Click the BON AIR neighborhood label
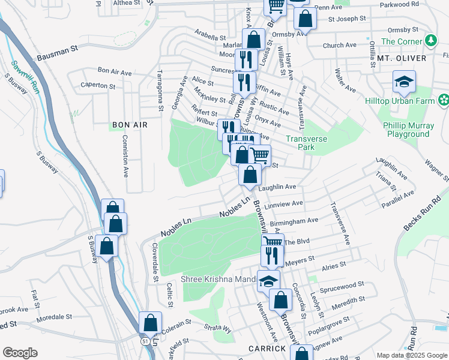pos(129,125)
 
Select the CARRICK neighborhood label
pos(267,349)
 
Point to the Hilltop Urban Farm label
pos(400,101)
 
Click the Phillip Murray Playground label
pos(408,130)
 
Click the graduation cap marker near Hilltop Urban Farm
pos(405,82)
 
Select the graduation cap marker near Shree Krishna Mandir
pos(268,280)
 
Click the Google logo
pos(19,353)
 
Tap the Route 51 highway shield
pos(146,340)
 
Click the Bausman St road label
pos(58,55)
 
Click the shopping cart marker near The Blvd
pos(273,242)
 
